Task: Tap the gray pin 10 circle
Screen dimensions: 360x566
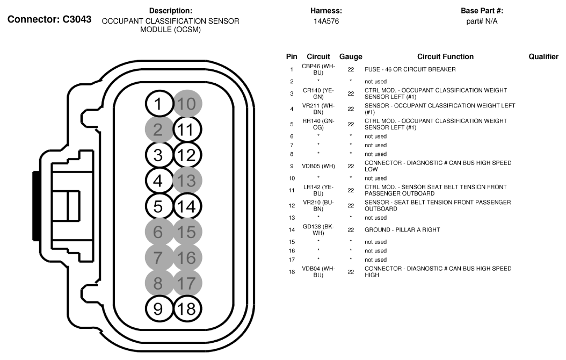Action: (x=187, y=104)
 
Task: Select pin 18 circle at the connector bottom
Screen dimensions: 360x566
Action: (x=187, y=308)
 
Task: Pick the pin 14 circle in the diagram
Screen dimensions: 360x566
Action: (x=187, y=206)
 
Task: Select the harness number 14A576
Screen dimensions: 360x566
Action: (x=326, y=21)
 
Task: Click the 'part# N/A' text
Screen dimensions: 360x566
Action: (x=482, y=21)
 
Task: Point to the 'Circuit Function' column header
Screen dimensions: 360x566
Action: (x=445, y=56)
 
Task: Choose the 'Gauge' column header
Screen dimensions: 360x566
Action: (x=351, y=56)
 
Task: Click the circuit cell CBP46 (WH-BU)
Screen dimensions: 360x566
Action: (x=318, y=69)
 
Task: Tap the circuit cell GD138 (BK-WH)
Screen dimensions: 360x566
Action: (x=318, y=229)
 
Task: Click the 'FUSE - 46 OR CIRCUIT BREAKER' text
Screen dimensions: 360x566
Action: (x=410, y=69)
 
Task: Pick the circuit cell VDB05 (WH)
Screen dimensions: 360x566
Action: (x=318, y=166)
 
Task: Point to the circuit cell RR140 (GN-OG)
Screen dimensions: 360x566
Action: (x=318, y=124)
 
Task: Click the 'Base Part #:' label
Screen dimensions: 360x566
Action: (x=482, y=11)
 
